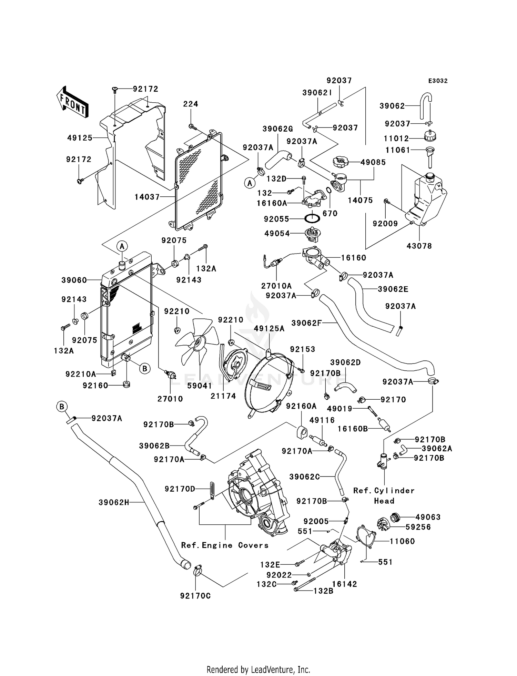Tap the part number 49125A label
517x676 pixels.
tap(269, 329)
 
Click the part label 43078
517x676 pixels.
tap(419, 246)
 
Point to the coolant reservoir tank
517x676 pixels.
tap(426, 199)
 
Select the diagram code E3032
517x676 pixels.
tap(438, 81)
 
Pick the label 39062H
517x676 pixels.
tap(114, 502)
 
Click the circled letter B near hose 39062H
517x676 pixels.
tap(62, 407)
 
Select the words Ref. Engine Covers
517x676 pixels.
tap(225, 545)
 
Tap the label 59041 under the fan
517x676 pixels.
tap(200, 386)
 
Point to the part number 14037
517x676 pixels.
tap(147, 197)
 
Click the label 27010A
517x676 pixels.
tap(276, 286)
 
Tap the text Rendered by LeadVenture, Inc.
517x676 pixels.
tap(258, 660)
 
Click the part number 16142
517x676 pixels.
tap(344, 584)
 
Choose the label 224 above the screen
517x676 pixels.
tap(191, 104)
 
